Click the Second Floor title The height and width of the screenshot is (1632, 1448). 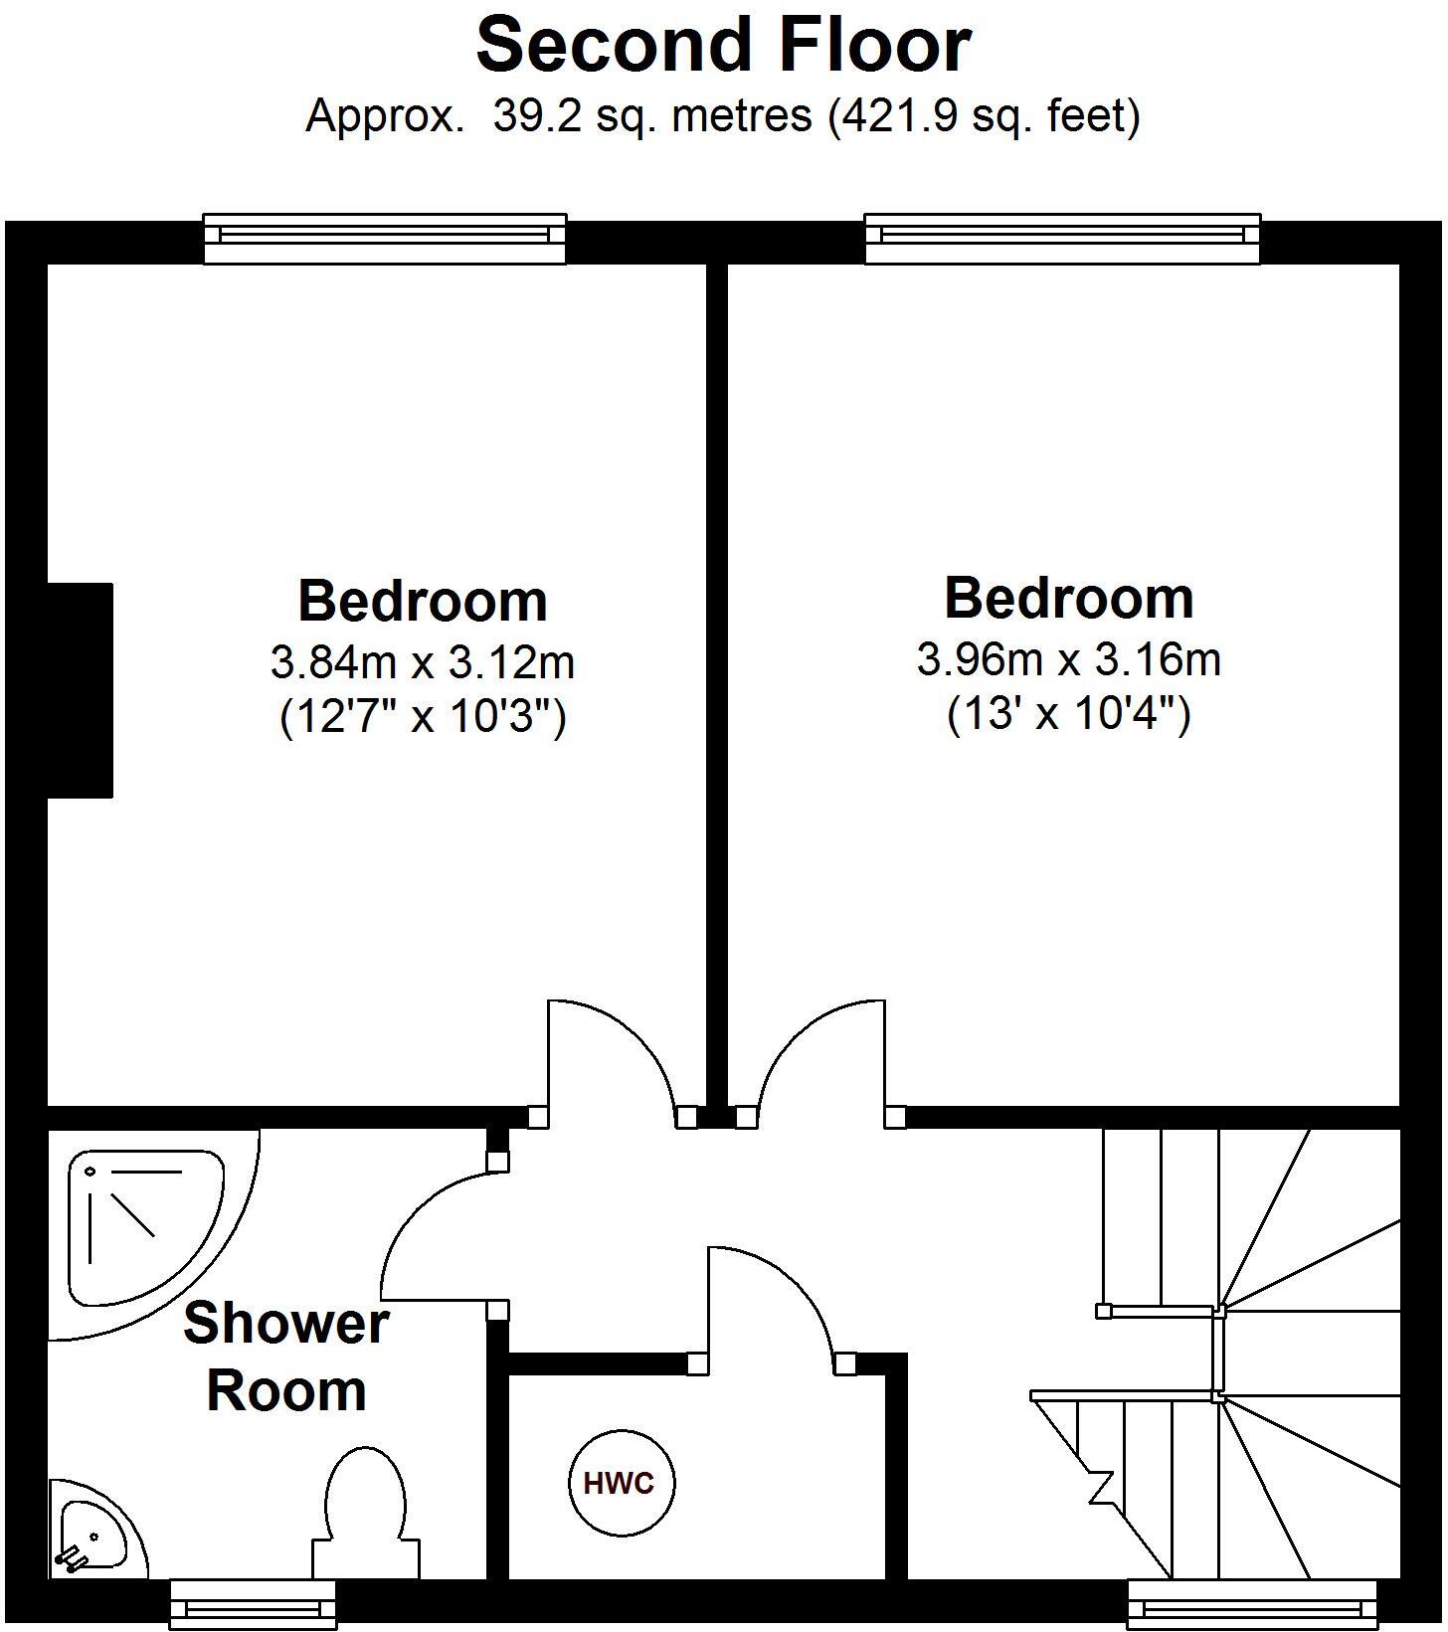pyautogui.click(x=723, y=46)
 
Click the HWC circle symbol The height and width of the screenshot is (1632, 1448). pyautogui.click(x=619, y=1484)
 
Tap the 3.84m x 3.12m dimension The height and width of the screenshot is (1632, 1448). pyautogui.click(x=423, y=661)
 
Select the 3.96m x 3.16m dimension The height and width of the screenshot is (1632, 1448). pyautogui.click(x=1068, y=658)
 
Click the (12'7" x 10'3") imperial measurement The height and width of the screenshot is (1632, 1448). pyautogui.click(x=423, y=716)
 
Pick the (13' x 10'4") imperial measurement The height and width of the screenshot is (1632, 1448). pyautogui.click(x=1068, y=713)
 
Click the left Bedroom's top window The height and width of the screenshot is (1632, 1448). pyautogui.click(x=385, y=238)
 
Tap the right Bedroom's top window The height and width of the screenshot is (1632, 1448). pyautogui.click(x=1061, y=238)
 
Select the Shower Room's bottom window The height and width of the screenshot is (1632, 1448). pyautogui.click(x=253, y=1603)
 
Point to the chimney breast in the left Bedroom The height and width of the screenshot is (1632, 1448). pyautogui.click(x=80, y=690)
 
